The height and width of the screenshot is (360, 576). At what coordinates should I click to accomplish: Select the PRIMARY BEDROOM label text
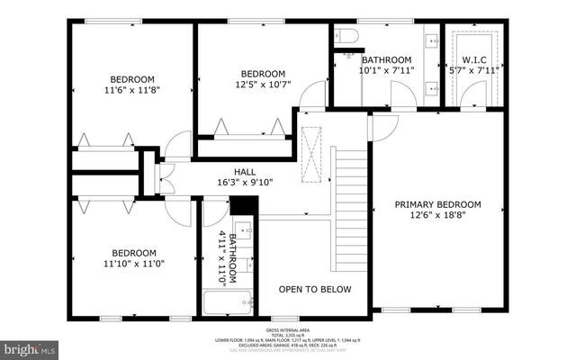[438, 205]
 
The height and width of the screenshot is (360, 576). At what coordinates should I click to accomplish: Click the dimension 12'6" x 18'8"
[438, 217]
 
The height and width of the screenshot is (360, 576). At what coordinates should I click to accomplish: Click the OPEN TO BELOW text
[314, 289]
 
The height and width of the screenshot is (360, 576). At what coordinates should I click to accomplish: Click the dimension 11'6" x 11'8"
[132, 90]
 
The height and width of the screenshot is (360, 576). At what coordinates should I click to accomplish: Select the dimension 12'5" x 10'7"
[263, 85]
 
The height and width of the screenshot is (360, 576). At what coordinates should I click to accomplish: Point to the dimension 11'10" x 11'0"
[132, 265]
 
